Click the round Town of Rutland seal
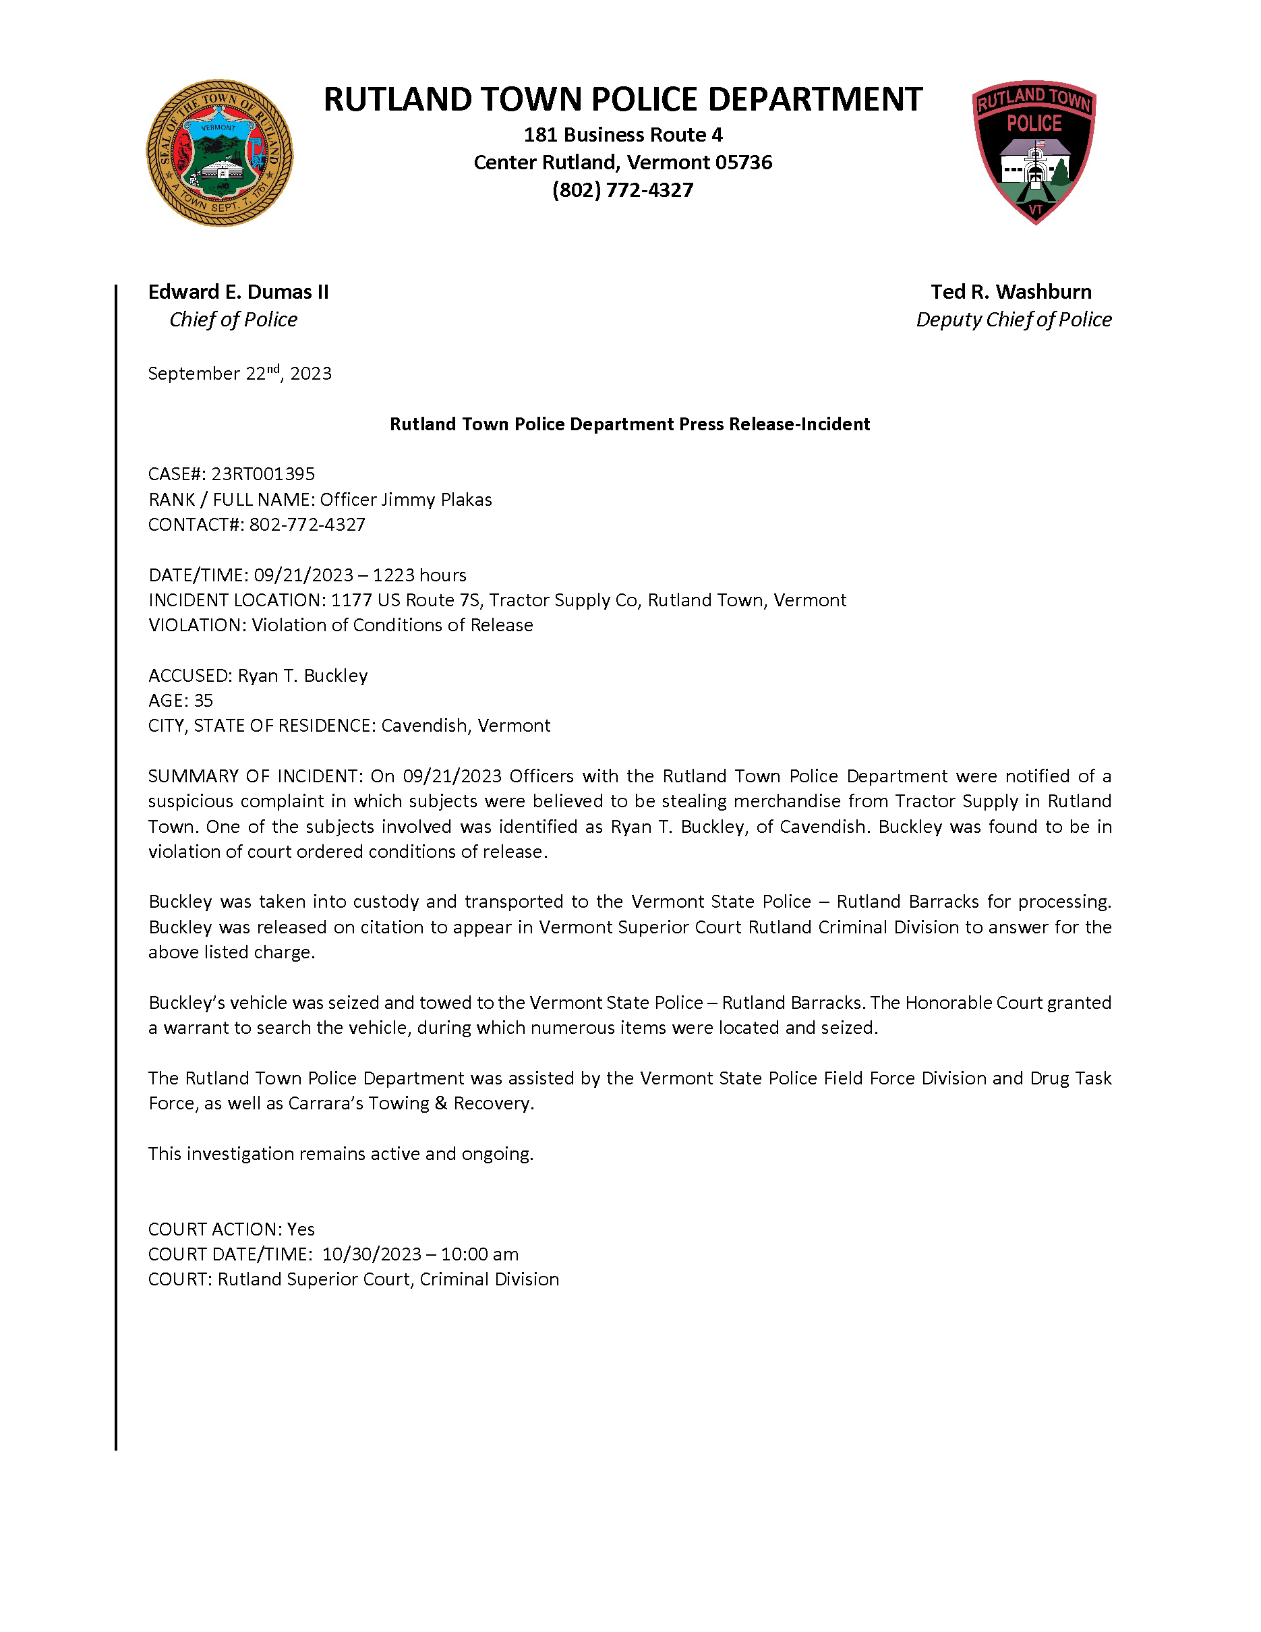(x=220, y=153)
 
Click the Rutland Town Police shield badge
(x=1034, y=152)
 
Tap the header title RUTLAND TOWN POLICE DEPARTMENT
(x=622, y=99)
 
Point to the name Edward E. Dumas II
(x=238, y=291)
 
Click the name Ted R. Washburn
(x=1011, y=291)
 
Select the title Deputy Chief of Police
(x=1014, y=320)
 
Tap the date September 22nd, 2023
(x=240, y=373)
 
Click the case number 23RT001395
(x=263, y=474)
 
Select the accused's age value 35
(x=203, y=700)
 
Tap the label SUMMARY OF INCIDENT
(x=254, y=776)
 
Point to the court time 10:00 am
(x=479, y=1254)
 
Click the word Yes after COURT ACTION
(x=301, y=1229)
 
